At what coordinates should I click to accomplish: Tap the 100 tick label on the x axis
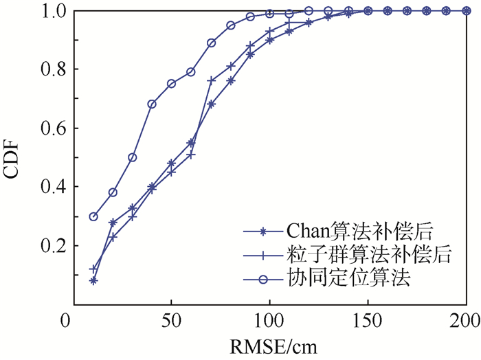click(267, 321)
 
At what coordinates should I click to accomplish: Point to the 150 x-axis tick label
click(368, 321)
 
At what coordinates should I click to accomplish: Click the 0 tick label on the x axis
click(67, 321)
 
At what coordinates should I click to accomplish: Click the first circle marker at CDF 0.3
click(93, 216)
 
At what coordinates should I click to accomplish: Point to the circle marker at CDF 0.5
click(133, 157)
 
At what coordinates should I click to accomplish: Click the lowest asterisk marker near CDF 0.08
click(93, 280)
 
